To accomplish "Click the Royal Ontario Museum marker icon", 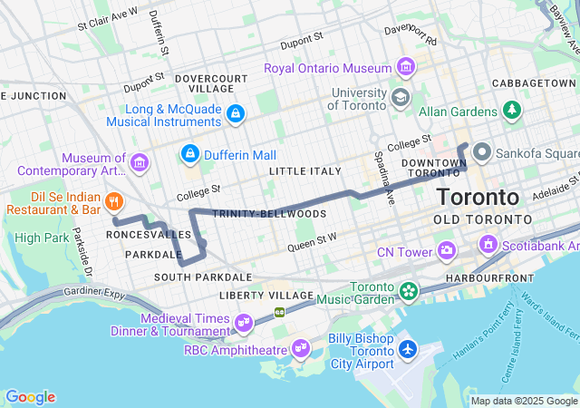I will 406,68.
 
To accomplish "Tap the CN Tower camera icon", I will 447,249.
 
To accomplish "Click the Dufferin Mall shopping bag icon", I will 190,152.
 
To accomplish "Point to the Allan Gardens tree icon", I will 513,111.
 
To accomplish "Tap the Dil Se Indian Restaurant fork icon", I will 113,200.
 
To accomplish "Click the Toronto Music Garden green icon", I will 409,291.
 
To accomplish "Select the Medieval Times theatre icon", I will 243,322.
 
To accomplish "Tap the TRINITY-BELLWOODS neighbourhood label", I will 256,213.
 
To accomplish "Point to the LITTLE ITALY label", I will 305,170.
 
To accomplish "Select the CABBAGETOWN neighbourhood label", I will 534,83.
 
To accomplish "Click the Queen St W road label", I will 312,240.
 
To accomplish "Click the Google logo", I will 30,397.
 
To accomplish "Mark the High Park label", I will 42,238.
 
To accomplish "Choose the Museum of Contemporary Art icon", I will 139,163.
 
